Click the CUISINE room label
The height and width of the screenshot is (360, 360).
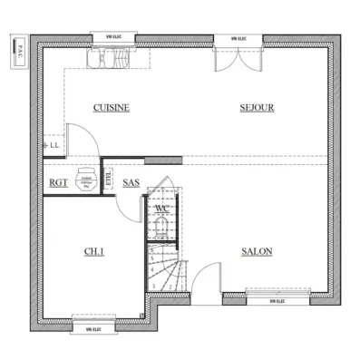click(x=112, y=107)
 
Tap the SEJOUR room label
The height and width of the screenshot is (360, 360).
click(x=257, y=107)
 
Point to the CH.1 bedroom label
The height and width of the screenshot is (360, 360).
click(x=94, y=251)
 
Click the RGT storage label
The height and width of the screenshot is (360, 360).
click(x=58, y=182)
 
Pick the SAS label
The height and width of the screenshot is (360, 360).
click(x=131, y=182)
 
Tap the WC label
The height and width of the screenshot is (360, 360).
click(x=161, y=209)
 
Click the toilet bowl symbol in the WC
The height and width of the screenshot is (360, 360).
click(x=161, y=223)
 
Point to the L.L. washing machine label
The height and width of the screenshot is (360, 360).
click(x=54, y=143)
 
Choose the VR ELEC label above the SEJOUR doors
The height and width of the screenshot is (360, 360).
click(x=239, y=39)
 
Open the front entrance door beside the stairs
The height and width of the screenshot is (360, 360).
click(x=208, y=277)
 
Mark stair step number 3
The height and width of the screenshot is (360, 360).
click(x=155, y=286)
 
